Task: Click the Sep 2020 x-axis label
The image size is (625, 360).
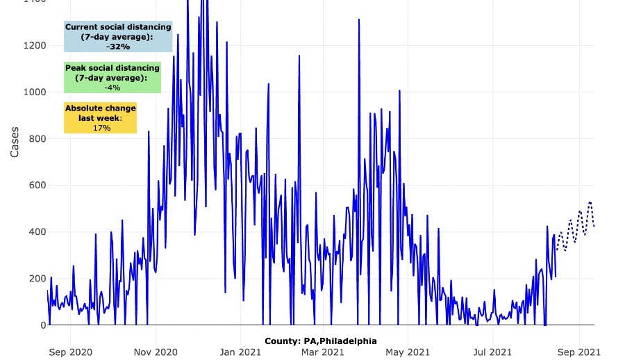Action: pos(71,352)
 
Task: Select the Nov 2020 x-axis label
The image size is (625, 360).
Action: pos(156,352)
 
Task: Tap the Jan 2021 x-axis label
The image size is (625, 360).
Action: pos(241,352)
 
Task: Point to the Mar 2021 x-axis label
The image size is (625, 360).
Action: pos(324,352)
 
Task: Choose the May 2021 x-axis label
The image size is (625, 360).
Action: pos(408,352)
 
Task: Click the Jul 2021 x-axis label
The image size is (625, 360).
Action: pos(492,352)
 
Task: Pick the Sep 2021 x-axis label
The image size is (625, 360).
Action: pos(579,352)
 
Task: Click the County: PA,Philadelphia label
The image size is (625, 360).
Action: pos(321,341)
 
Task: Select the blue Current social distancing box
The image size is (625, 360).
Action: pos(118,36)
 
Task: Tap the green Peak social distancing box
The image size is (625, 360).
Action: pos(112,78)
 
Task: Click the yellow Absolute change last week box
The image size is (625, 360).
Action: pos(101,118)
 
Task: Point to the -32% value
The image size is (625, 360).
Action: pos(118,47)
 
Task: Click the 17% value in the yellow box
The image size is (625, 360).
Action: pos(101,128)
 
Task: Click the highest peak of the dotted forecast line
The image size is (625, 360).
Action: pos(590,202)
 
